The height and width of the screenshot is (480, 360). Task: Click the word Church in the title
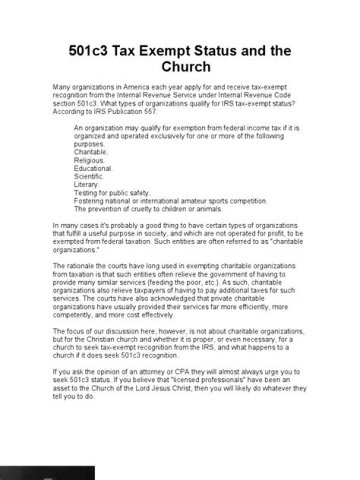[x=186, y=67]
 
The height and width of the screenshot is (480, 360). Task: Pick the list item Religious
[x=89, y=160]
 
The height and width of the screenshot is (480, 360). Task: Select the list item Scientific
[x=89, y=176]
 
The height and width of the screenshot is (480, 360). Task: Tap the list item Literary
[x=86, y=184]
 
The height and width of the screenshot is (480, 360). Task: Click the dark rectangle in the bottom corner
[x=47, y=472]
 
